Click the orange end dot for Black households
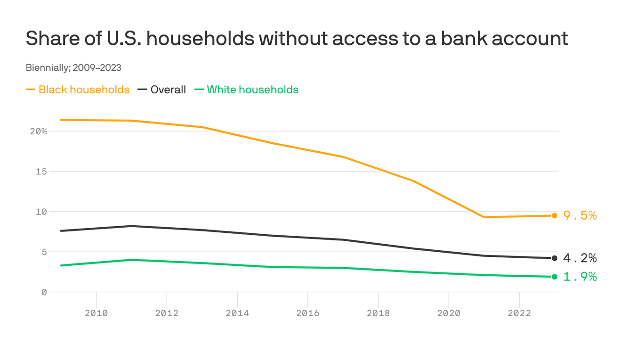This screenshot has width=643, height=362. (555, 215)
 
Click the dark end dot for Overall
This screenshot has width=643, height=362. (555, 258)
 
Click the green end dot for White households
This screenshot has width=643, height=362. (555, 277)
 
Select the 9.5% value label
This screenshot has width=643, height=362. (580, 215)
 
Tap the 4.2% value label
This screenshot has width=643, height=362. (580, 258)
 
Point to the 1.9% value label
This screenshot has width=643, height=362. (580, 277)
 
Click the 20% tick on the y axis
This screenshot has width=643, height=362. (39, 132)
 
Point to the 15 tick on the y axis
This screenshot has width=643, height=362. (41, 172)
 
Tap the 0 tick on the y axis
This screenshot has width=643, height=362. (44, 292)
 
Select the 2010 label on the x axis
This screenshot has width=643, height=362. (96, 313)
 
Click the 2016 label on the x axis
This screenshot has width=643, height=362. (307, 313)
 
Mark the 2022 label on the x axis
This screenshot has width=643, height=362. (519, 313)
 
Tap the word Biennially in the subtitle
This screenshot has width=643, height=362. (47, 67)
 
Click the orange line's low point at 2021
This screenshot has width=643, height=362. (484, 217)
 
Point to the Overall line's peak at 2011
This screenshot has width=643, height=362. (132, 226)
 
